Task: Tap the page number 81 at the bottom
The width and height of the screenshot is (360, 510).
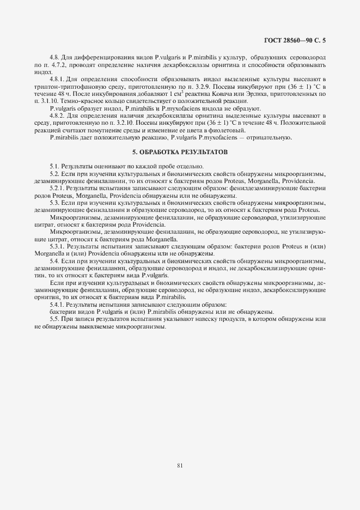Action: tap(180, 465)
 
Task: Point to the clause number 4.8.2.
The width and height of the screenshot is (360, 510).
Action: tap(58, 116)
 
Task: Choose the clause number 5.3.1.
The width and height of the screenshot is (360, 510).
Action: tap(58, 246)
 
